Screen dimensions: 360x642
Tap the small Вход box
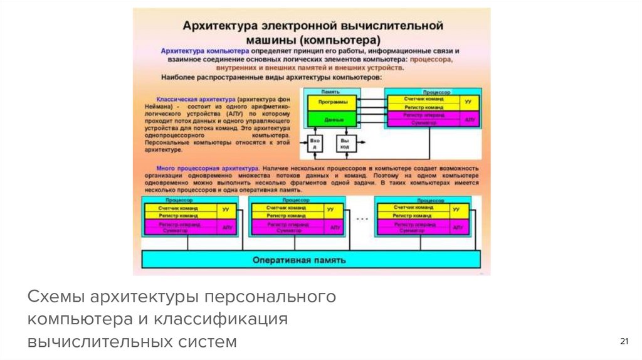pyautogui.click(x=315, y=144)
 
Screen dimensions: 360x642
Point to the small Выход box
pyautogui.click(x=344, y=144)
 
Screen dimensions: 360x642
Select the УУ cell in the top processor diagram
pyautogui.click(x=468, y=100)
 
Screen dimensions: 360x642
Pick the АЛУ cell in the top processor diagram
pyautogui.click(x=468, y=119)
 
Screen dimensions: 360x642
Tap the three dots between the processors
pyautogui.click(x=362, y=220)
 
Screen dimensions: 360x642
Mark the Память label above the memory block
pyautogui.click(x=330, y=92)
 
